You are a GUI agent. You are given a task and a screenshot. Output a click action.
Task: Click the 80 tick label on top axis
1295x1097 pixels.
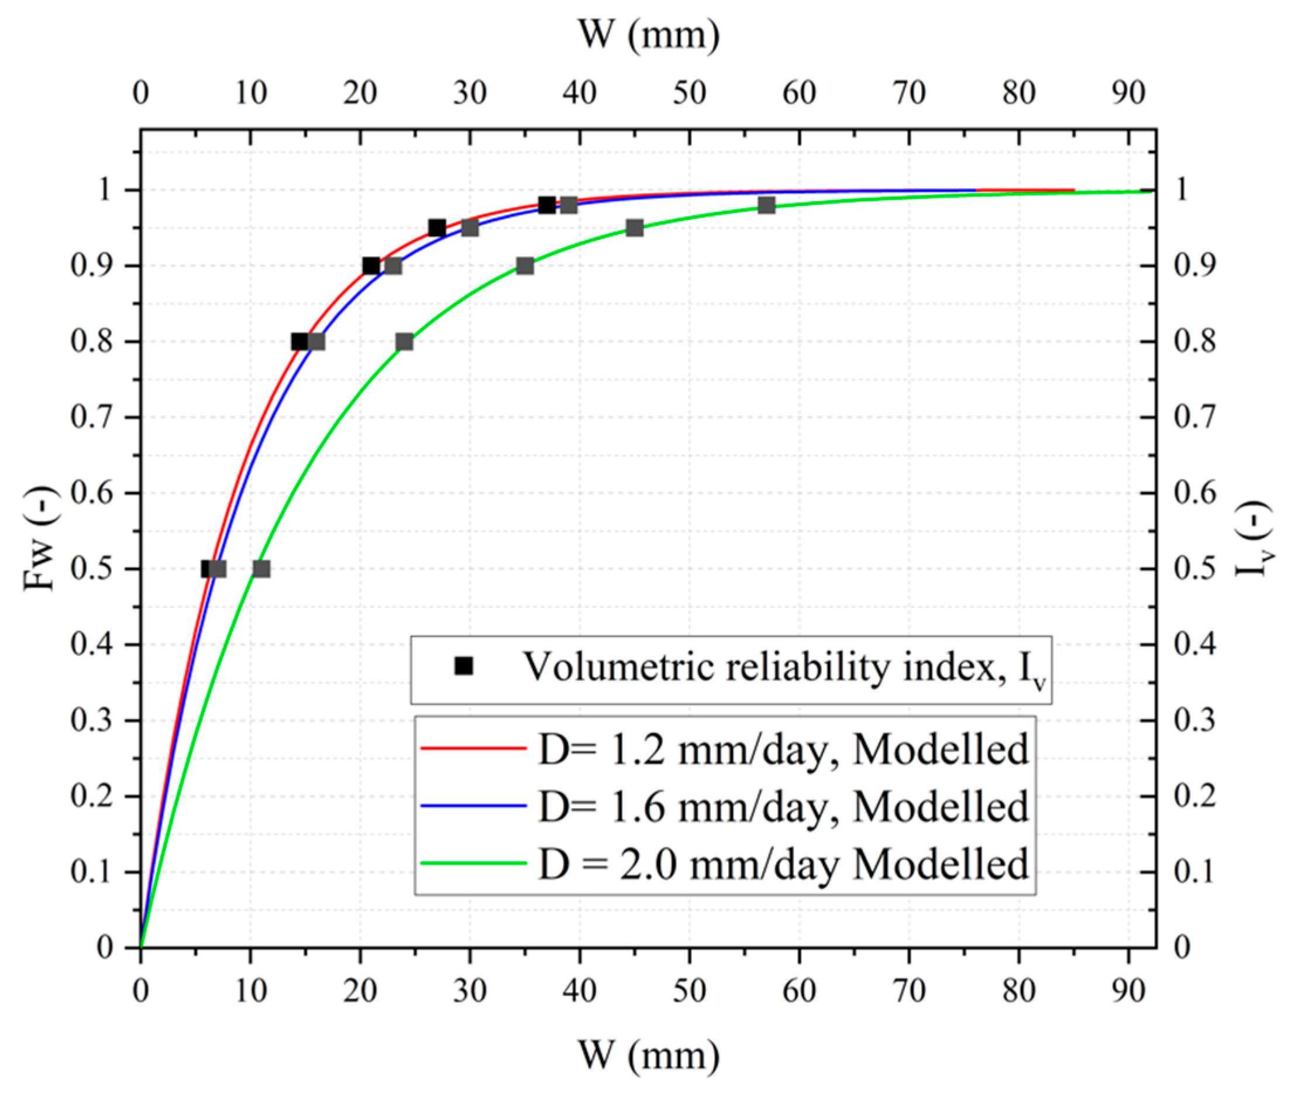coord(1018,93)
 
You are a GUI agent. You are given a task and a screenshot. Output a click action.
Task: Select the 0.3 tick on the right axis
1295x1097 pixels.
coord(1195,721)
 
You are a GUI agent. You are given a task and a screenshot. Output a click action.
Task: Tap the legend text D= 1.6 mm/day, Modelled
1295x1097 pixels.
coord(783,807)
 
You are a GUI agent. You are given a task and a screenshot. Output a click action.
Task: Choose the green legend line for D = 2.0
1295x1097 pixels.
coord(474,862)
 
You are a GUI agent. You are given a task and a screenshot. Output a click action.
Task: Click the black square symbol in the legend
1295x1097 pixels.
coord(464,666)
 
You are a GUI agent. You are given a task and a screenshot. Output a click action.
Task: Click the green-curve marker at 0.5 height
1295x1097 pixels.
coord(261,569)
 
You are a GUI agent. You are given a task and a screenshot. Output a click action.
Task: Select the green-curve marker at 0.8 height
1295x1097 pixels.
coord(404,342)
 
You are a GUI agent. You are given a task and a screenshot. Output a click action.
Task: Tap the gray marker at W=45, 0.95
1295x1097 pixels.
coord(634,228)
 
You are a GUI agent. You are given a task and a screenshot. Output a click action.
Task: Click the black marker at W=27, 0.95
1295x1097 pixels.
coord(437,228)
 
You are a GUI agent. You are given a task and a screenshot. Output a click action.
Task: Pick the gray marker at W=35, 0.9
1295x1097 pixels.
coord(525,266)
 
